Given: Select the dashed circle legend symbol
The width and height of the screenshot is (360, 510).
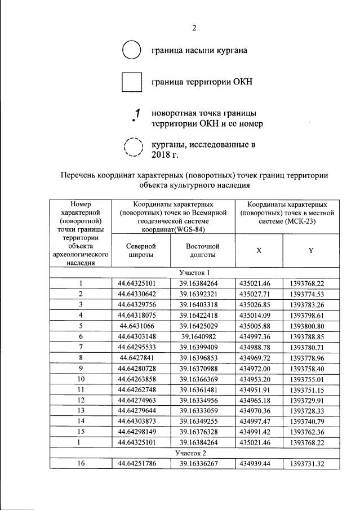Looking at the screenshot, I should [134, 147].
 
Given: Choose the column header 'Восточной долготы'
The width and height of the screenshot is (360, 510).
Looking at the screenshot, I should [202, 250].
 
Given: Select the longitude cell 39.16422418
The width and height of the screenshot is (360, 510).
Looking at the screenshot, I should [202, 315].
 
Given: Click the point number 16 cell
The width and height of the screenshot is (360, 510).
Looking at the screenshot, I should [81, 464].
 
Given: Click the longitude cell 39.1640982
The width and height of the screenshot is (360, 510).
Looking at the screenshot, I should [202, 336].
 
